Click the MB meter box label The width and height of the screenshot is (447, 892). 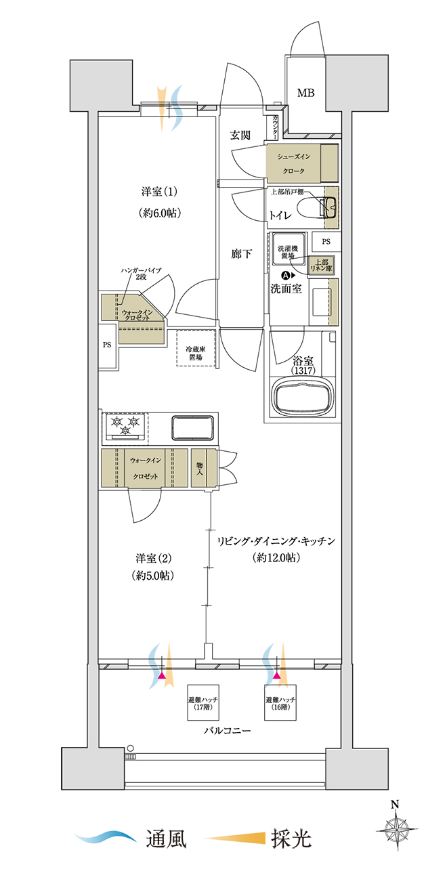coord(305,93)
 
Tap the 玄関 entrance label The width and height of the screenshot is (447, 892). coord(240,135)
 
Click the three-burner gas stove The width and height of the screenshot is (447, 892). coord(125,427)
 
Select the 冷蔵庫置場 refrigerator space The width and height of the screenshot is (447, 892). coord(196,347)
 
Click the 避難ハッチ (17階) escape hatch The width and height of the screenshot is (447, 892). coord(203,702)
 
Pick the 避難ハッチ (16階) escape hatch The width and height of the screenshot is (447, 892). coord(280,702)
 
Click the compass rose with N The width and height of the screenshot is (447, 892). coord(396,830)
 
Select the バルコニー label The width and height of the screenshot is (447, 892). coord(228,731)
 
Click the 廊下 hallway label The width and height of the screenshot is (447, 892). coord(241,254)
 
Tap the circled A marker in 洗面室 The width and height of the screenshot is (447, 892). coord(285,275)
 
